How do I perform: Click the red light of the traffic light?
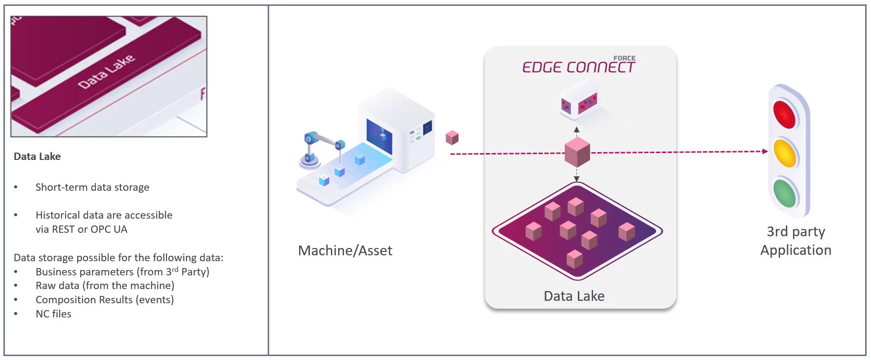click(784, 114)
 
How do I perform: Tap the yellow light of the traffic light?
click(785, 153)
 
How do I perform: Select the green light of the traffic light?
click(785, 193)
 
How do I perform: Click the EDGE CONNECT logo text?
click(578, 67)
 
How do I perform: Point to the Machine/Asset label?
click(345, 251)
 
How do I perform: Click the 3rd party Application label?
click(796, 241)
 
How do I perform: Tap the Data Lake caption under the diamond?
click(574, 296)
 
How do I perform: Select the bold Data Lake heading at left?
click(37, 157)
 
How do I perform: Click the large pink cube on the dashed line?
click(577, 152)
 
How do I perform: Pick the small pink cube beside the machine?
click(452, 137)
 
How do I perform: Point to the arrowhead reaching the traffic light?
click(765, 152)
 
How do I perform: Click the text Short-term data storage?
click(92, 187)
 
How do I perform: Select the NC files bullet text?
click(53, 314)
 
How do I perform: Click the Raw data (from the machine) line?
click(105, 286)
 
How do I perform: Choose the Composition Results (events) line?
click(105, 300)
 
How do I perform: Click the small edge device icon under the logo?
click(579, 102)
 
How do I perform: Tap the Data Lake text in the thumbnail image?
click(106, 71)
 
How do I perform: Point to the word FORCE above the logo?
click(624, 58)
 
